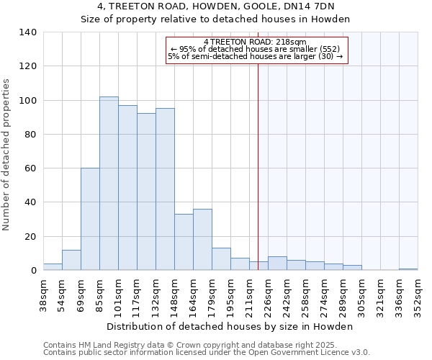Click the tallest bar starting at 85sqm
coord(109,184)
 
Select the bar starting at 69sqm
coord(90,219)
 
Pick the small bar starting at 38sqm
coord(53,267)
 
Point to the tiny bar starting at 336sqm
coord(408,269)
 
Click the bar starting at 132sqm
coord(165,189)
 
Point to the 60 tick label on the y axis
coord(30,168)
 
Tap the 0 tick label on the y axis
coord(33,271)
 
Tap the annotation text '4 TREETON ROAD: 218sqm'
coord(255,42)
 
